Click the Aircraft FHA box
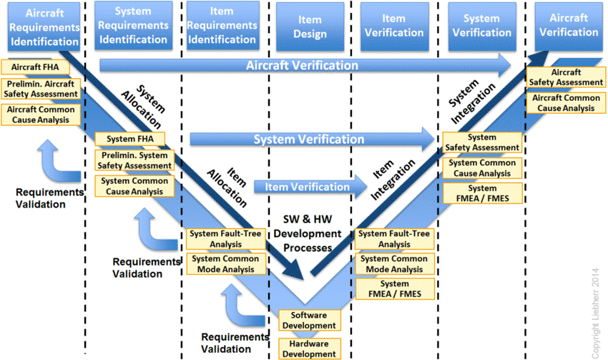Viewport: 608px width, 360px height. tap(35, 67)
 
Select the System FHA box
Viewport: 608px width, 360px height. tap(130, 139)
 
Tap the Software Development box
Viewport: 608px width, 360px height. tap(310, 321)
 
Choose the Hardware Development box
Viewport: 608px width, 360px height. tap(310, 349)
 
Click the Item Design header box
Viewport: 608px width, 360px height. tap(310, 26)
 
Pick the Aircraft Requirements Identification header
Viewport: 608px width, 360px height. tap(44, 26)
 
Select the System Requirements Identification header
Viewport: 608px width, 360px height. tap(133, 26)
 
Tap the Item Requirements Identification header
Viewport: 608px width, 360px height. tap(222, 26)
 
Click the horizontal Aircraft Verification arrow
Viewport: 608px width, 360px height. tap(305, 65)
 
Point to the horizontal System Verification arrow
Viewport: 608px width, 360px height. tap(312, 140)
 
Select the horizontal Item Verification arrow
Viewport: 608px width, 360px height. tap(310, 187)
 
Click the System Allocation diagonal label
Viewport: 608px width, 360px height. tap(144, 107)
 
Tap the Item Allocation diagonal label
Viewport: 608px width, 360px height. tap(227, 188)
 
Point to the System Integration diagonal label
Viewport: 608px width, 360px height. tap(472, 102)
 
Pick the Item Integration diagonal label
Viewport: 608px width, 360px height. tap(393, 179)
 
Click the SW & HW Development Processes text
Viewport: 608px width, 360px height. tap(308, 233)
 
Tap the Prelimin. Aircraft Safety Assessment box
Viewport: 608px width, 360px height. tap(41, 89)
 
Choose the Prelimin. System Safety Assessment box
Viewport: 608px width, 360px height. tap(134, 160)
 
